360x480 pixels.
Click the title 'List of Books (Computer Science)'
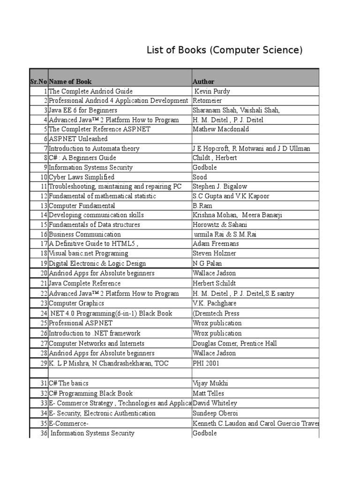(225, 50)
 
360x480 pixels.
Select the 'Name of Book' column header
(70, 82)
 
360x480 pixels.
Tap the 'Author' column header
(203, 82)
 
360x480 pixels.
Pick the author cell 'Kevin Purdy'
(212, 91)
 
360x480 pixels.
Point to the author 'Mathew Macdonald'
(217, 129)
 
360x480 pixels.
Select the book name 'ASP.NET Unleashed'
(78, 139)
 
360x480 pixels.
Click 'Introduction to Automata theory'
(94, 149)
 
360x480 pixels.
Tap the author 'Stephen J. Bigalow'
(220, 187)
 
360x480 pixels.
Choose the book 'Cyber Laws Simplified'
(82, 177)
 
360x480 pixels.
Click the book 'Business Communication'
(85, 234)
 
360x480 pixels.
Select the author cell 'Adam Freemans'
(216, 244)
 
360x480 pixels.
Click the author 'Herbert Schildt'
(214, 283)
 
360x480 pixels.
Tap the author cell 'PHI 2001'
(206, 363)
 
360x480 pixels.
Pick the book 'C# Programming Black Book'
(91, 393)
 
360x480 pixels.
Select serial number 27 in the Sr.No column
(44, 343)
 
